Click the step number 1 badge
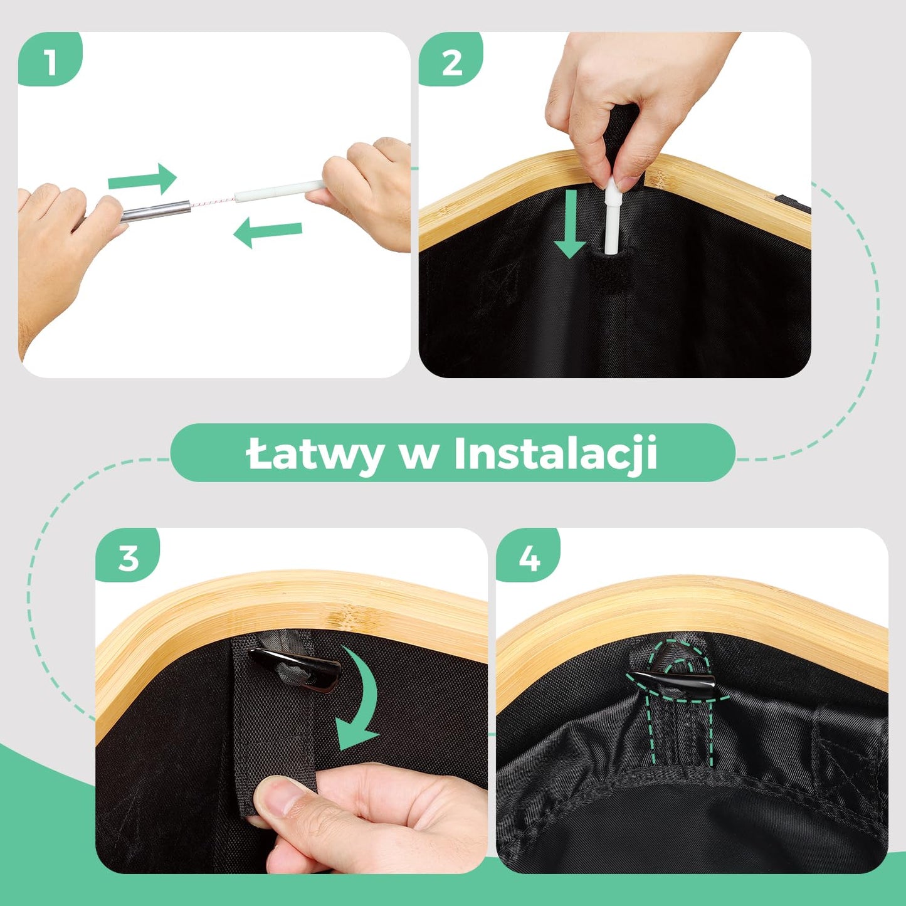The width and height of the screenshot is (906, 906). click(x=50, y=62)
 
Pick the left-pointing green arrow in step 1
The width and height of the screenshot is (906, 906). click(x=267, y=233)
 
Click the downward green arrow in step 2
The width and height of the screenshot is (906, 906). click(x=570, y=224)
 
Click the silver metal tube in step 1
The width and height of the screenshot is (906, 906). click(x=157, y=211)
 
